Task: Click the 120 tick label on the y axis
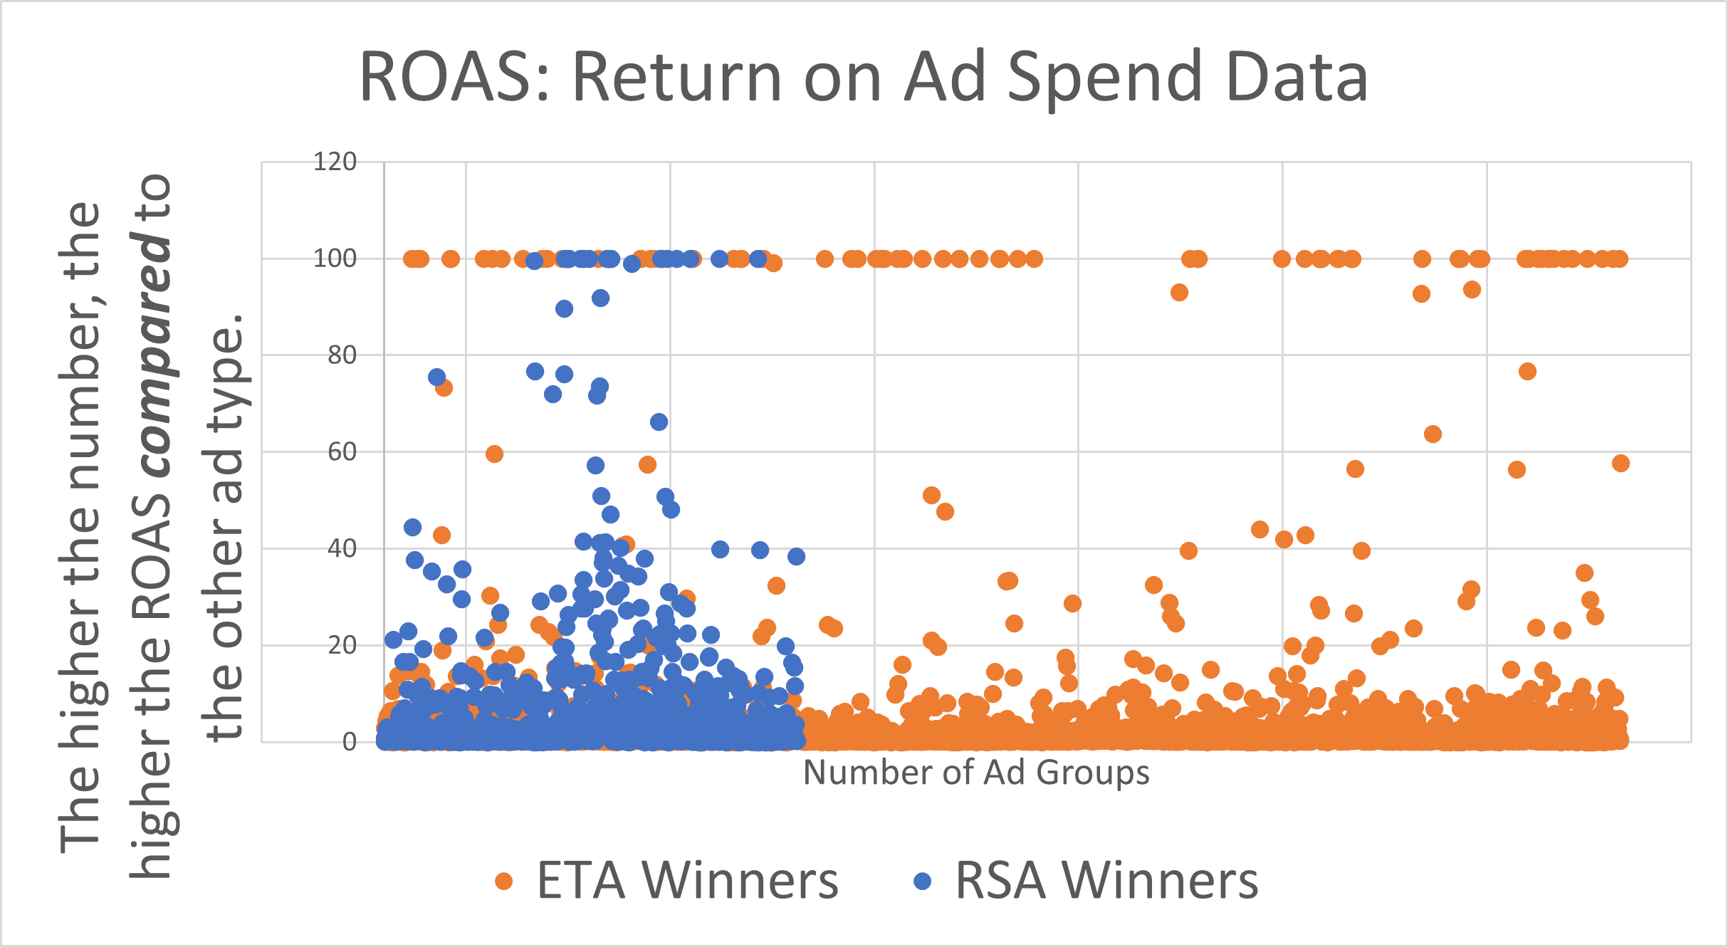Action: tap(335, 162)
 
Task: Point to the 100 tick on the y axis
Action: tap(335, 258)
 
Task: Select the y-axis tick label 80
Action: tap(342, 355)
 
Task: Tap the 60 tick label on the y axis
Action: tap(342, 452)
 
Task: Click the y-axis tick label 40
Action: tap(342, 549)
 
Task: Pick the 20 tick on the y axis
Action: tap(342, 646)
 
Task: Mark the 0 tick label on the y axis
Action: tap(349, 742)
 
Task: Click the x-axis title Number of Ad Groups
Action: tap(976, 773)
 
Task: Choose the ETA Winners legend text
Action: tap(687, 881)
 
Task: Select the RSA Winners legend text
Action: tap(1106, 881)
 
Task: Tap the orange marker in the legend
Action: tap(504, 881)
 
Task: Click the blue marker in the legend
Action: tap(923, 881)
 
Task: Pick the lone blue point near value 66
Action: tap(659, 422)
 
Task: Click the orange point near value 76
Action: tap(1527, 372)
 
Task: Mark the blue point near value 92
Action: tap(600, 298)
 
